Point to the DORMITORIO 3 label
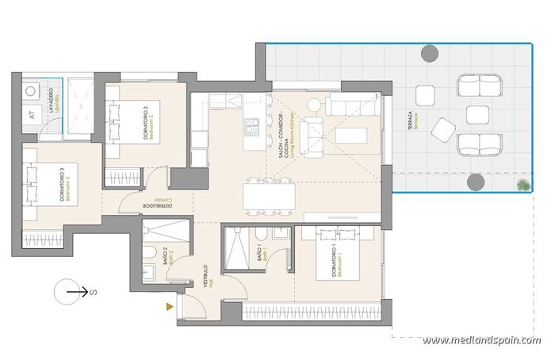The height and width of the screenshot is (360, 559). (64, 186)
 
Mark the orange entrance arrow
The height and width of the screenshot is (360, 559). (169, 306)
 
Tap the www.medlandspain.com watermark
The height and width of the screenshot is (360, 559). (481, 340)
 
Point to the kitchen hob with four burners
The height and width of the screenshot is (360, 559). (252, 127)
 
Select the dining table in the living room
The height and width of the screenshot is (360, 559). (270, 195)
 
